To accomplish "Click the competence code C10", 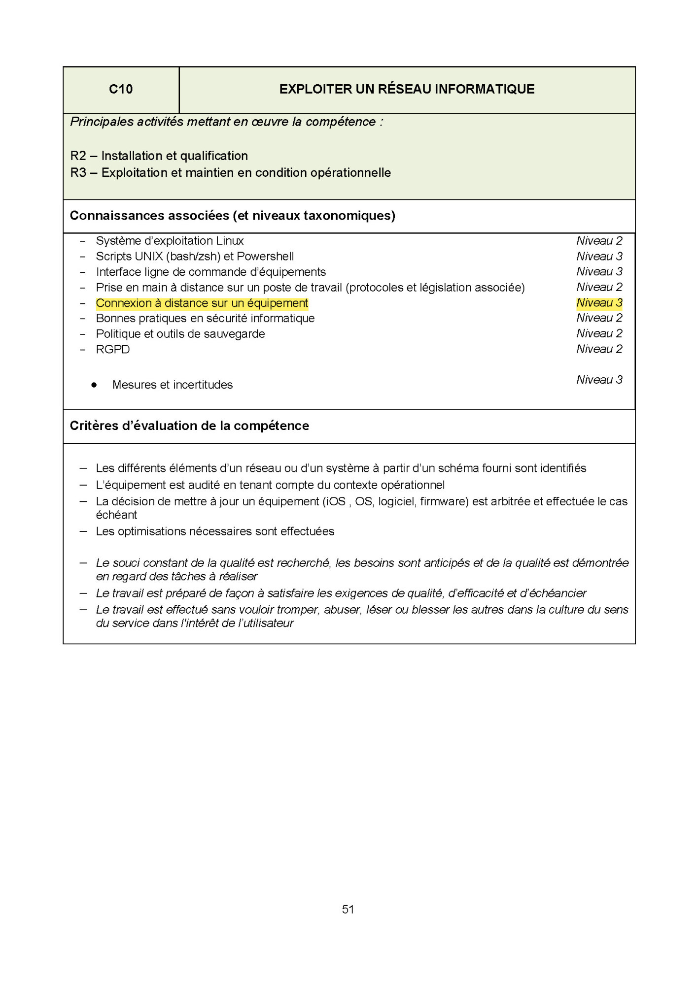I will click(121, 89).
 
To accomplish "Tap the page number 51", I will click(348, 909).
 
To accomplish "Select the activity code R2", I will click(78, 156).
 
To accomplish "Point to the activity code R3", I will click(78, 173).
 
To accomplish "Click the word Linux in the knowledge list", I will click(230, 241).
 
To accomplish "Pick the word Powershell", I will click(265, 257).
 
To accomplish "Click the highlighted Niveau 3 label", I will click(599, 303).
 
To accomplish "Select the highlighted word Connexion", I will click(123, 303).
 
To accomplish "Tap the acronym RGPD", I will click(113, 350).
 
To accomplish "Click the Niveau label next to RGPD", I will click(599, 349).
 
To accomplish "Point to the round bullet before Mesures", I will click(94, 385).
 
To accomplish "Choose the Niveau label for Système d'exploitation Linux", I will click(599, 241).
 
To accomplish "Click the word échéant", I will click(116, 515).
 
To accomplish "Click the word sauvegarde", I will click(238, 334).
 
